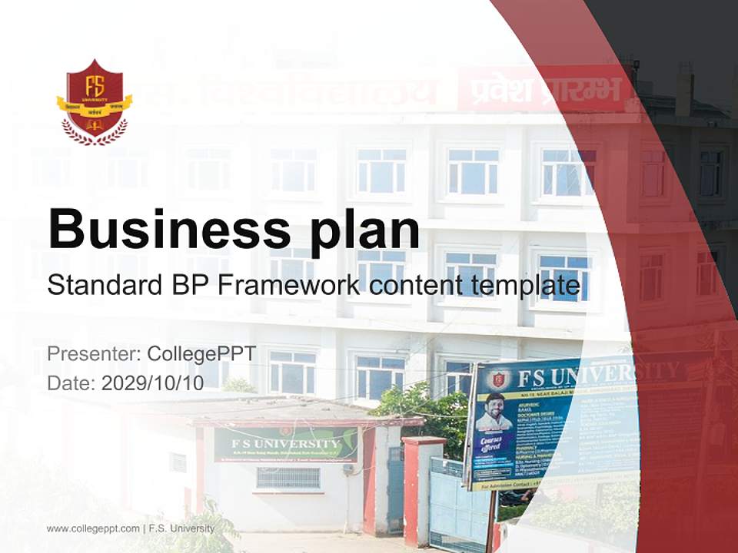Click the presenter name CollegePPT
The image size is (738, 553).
[201, 354]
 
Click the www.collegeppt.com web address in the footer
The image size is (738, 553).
[93, 528]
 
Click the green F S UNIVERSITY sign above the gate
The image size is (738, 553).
[285, 445]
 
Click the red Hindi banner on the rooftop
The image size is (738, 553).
[543, 90]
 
